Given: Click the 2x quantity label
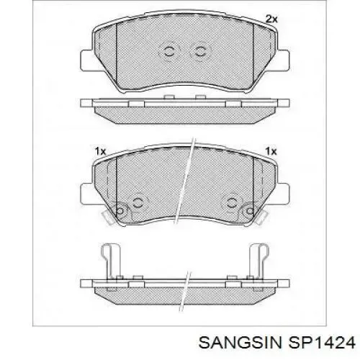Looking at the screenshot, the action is [271, 19].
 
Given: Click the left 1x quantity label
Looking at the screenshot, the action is [100, 151].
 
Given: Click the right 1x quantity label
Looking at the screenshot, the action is [271, 151].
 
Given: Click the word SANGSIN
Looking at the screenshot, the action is [240, 342].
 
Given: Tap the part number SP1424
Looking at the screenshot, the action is [321, 342].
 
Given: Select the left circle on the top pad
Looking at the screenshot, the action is [169, 51].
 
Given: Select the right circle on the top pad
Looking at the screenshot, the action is [199, 51].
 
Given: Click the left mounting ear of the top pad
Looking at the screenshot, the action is [86, 60].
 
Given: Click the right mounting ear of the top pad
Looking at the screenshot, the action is [283, 60].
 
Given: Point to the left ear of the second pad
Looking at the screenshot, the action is [86, 194].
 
